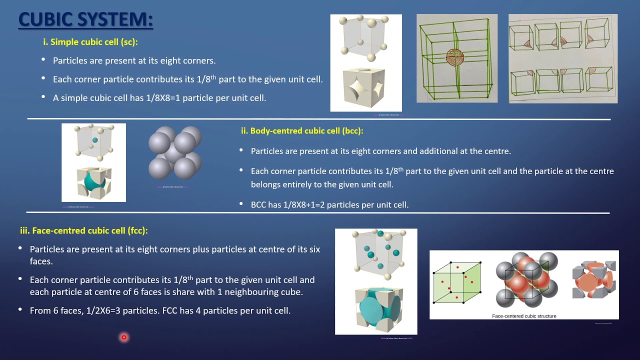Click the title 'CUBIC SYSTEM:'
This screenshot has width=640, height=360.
pyautogui.click(x=85, y=20)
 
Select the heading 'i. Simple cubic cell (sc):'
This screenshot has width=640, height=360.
pyautogui.click(x=90, y=42)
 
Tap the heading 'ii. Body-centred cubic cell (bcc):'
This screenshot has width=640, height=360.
pyautogui.click(x=301, y=131)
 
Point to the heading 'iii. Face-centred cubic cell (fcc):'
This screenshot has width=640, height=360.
pyautogui.click(x=83, y=230)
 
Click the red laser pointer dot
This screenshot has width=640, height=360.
pyautogui.click(x=123, y=337)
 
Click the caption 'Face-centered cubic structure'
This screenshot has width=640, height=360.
pyautogui.click(x=524, y=316)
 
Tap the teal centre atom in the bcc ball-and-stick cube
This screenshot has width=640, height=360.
pyautogui.click(x=95, y=141)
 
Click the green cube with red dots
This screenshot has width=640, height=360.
pyautogui.click(x=456, y=282)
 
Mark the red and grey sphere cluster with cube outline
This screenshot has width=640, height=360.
pyautogui.click(x=526, y=280)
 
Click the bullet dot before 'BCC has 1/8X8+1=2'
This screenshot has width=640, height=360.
pyautogui.click(x=241, y=204)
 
